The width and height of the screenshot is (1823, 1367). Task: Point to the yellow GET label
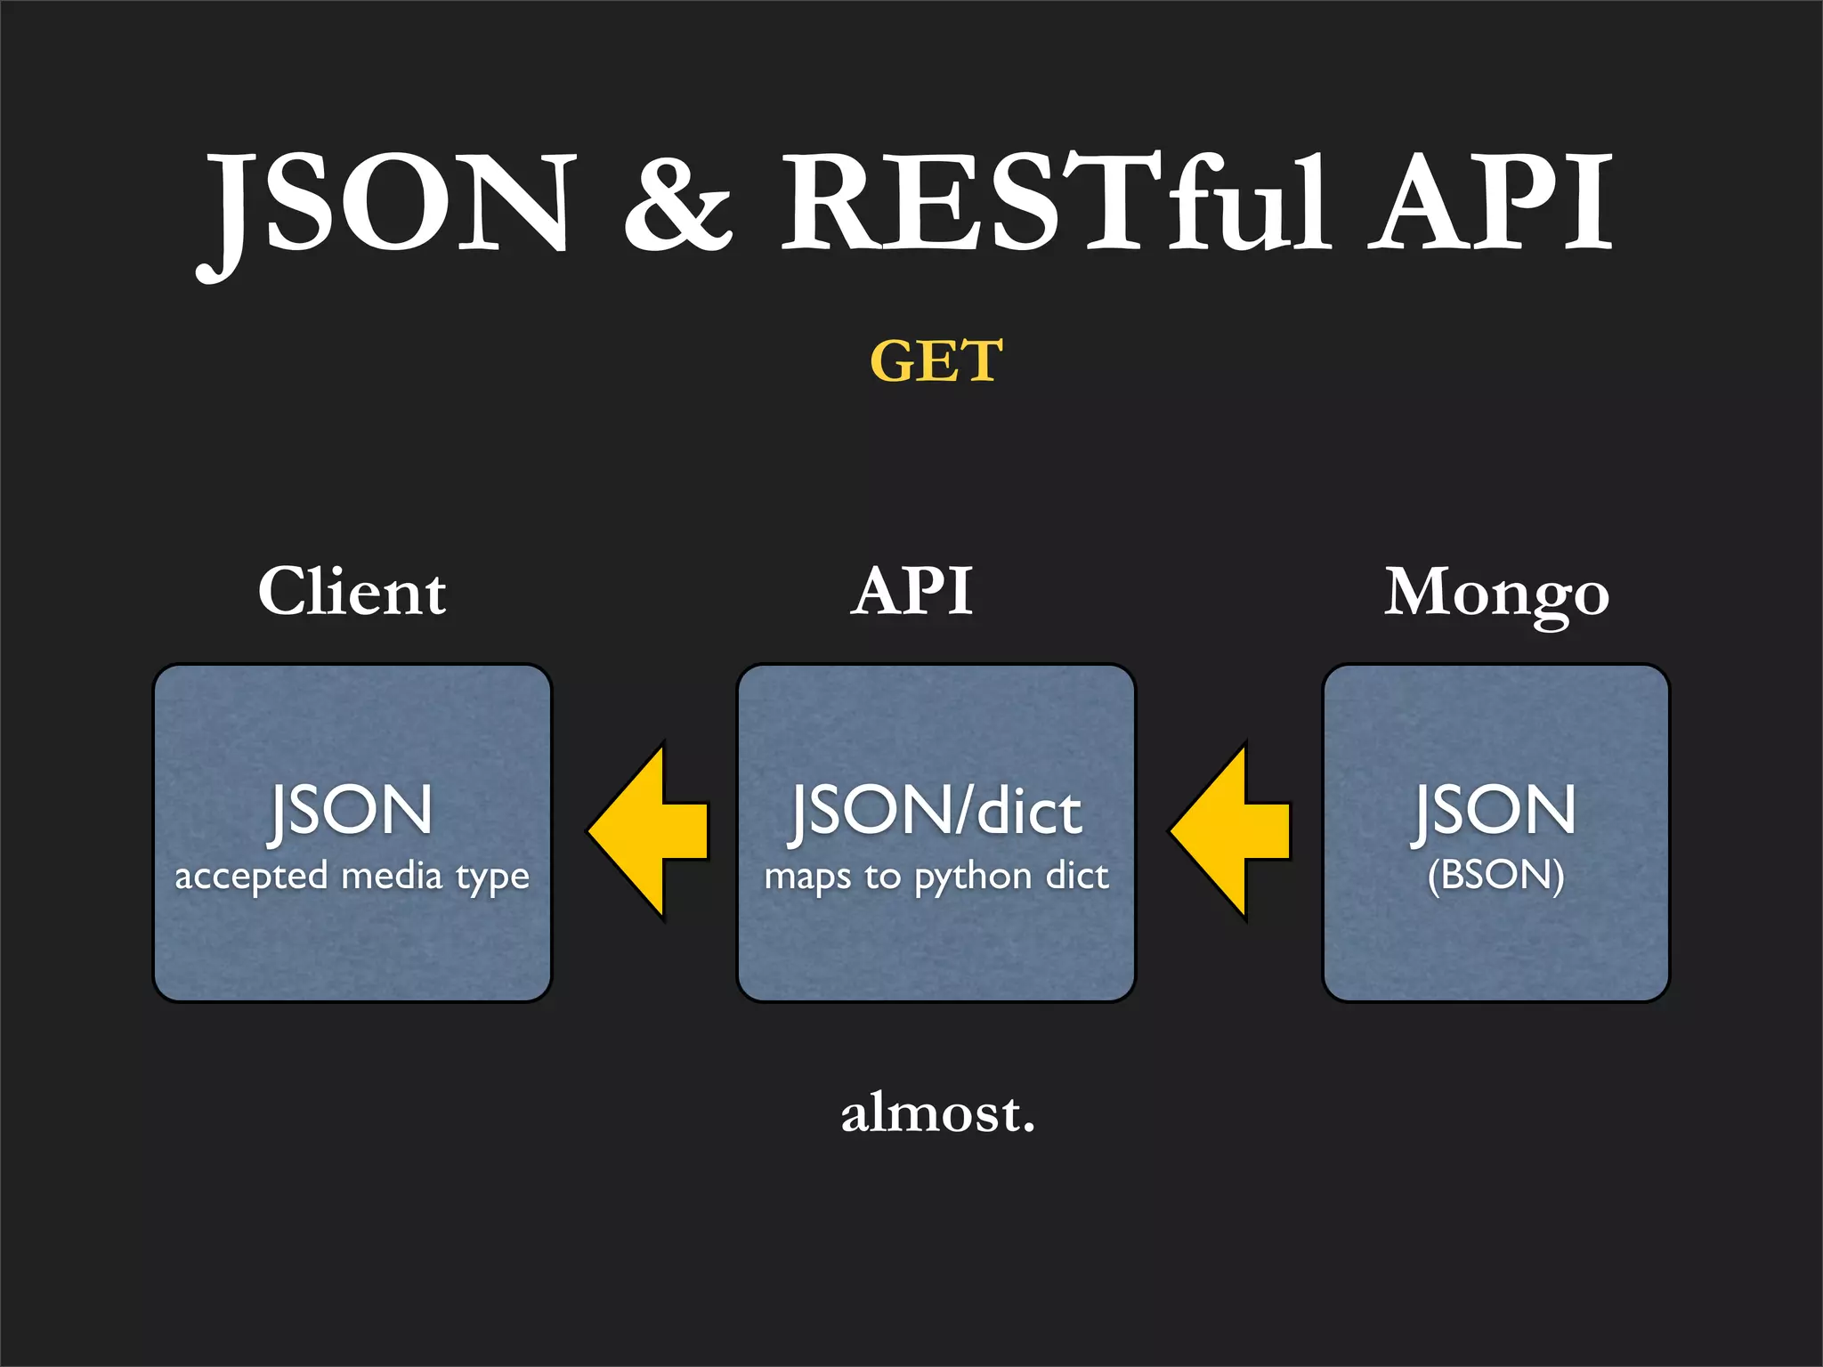pyautogui.click(x=936, y=361)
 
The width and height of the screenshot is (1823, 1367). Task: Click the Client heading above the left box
pyautogui.click(x=352, y=592)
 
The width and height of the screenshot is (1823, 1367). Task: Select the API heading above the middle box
pyautogui.click(x=911, y=592)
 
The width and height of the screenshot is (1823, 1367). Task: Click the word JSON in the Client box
pyautogui.click(x=351, y=811)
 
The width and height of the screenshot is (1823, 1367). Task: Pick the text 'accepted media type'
pyautogui.click(x=352, y=877)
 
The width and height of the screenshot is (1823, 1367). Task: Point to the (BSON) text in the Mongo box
pyautogui.click(x=1495, y=875)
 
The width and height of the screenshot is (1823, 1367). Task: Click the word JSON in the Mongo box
pyautogui.click(x=1495, y=811)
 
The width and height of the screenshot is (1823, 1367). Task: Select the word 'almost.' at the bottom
pyautogui.click(x=938, y=1113)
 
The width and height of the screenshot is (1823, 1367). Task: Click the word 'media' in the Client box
pyautogui.click(x=392, y=876)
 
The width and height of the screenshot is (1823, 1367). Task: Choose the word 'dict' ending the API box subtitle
pyautogui.click(x=1077, y=876)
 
